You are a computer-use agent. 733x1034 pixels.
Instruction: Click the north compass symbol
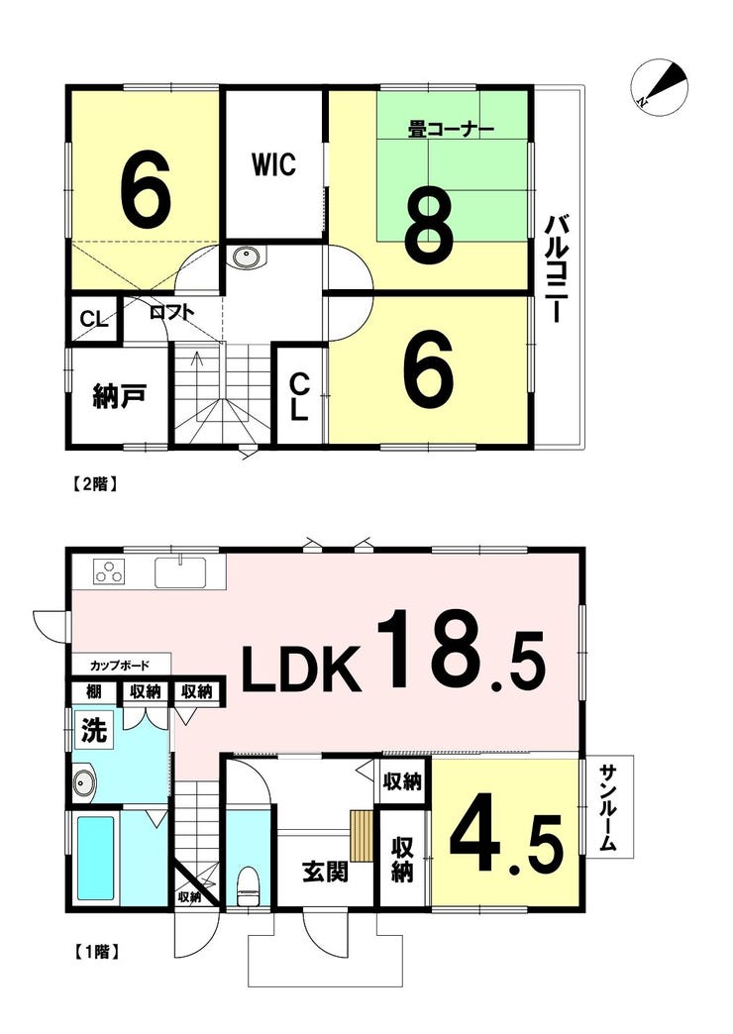coord(659,88)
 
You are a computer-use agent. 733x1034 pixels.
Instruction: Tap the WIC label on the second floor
coord(273,164)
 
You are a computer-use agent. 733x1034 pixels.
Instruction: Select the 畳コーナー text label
coord(452,130)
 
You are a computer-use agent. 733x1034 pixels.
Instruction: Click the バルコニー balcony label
coord(553,269)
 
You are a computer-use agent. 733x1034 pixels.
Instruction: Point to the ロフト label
coord(171,311)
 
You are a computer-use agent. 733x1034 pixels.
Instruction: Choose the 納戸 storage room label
coord(120,397)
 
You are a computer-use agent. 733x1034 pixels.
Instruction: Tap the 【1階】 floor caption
coord(94,952)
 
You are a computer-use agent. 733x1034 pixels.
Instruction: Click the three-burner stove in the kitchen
coord(110,571)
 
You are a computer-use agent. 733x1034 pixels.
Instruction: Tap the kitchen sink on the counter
coord(180,572)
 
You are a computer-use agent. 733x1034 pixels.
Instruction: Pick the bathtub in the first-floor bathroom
coord(97,859)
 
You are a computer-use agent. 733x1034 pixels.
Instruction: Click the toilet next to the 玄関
coord(248,887)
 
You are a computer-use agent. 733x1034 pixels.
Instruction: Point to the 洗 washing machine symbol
coord(94,731)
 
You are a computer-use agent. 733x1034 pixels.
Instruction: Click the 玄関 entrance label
coord(325,873)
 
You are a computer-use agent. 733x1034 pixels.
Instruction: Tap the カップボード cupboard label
coord(120,666)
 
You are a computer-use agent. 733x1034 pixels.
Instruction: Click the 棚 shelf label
coord(94,691)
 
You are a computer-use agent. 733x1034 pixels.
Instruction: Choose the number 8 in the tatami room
coord(430,224)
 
